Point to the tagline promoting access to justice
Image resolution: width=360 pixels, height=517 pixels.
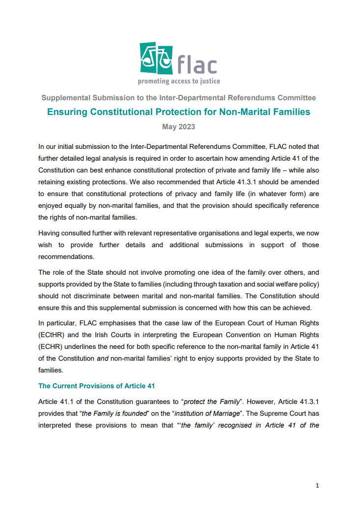[179, 81]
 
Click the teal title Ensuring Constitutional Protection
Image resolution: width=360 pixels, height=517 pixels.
[178, 112]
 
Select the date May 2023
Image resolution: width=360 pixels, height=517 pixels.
[179, 127]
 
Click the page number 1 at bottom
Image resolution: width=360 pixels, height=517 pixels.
[317, 486]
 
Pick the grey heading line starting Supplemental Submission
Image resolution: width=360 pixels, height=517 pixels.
[178, 97]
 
